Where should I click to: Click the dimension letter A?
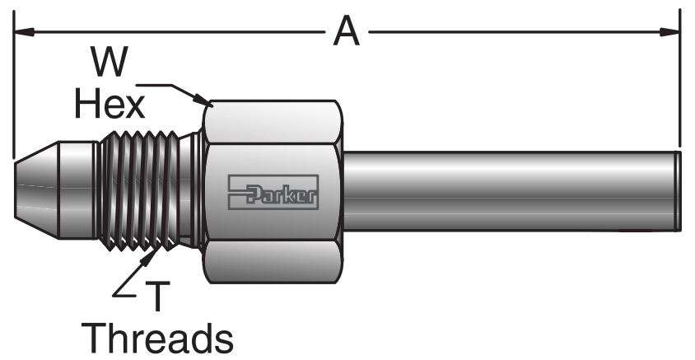click(x=346, y=33)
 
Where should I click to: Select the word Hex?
click(x=110, y=104)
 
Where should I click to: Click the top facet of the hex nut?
click(x=272, y=124)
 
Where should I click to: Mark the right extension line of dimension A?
click(x=680, y=82)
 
